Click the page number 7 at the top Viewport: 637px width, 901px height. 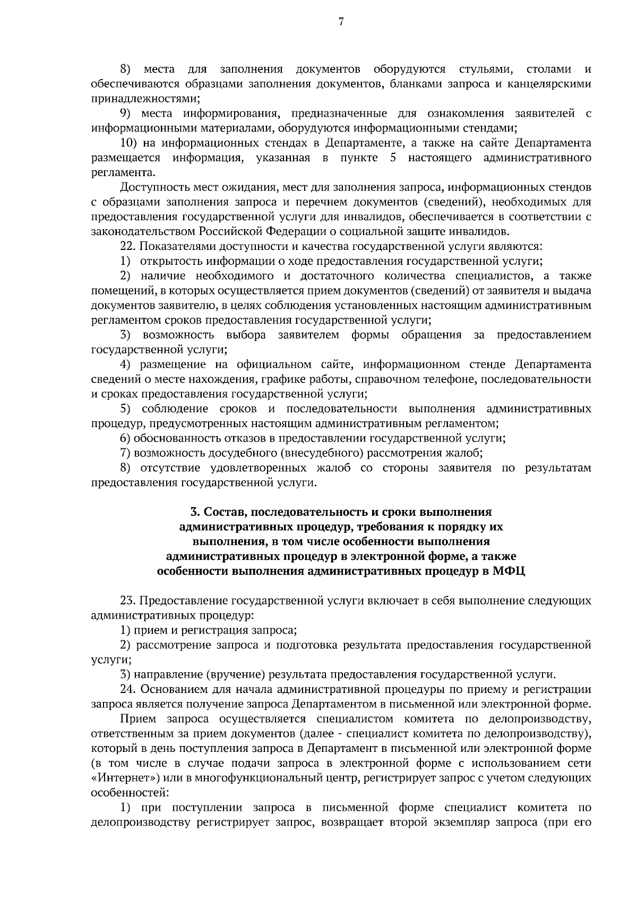click(341, 22)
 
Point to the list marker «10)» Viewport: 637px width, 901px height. click(130, 143)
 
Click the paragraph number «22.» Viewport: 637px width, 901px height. click(128, 246)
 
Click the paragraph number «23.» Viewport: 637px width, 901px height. click(128, 601)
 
